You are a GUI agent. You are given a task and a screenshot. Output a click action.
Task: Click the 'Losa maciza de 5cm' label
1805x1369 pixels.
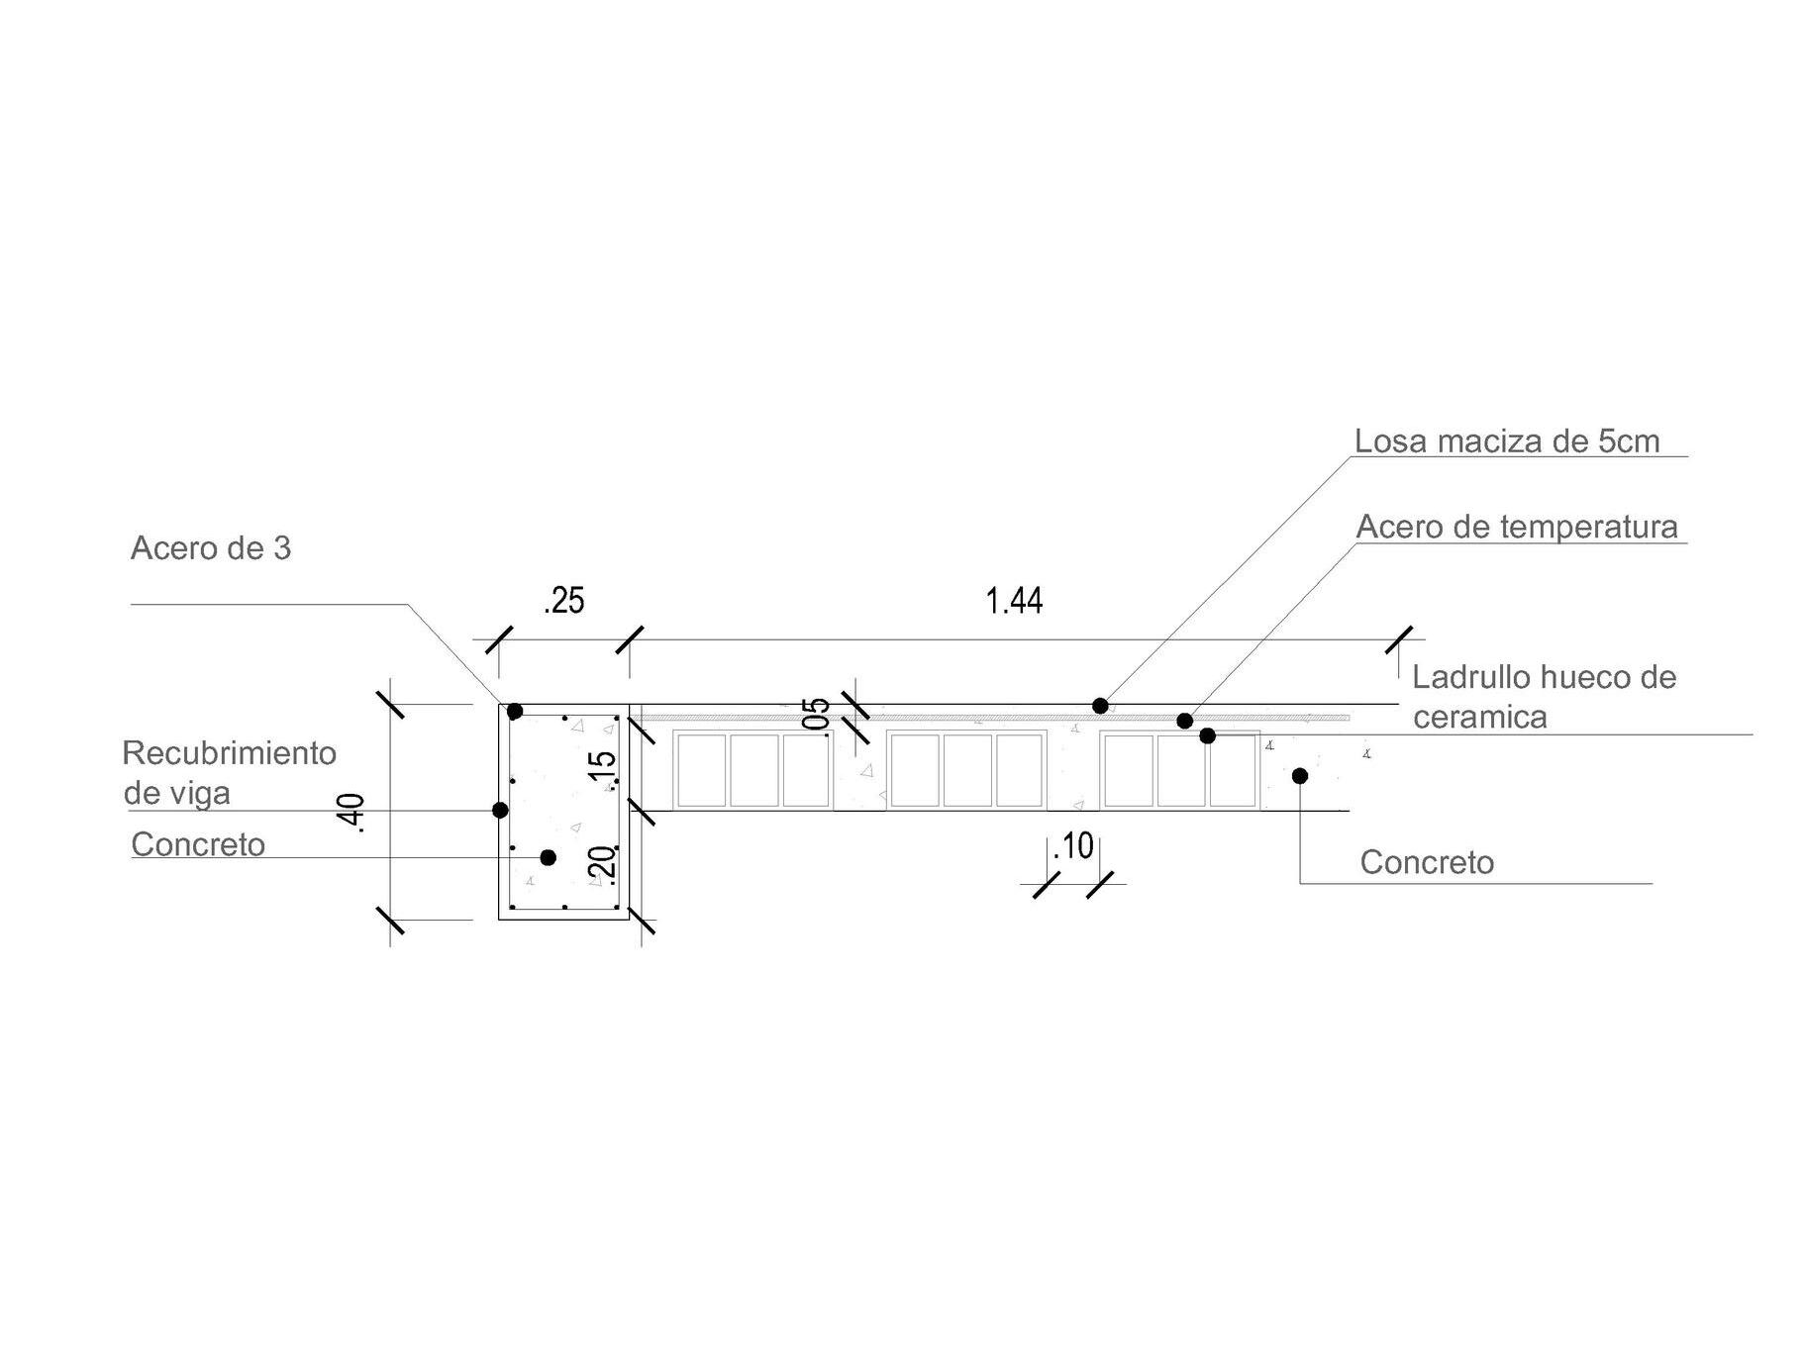(1506, 441)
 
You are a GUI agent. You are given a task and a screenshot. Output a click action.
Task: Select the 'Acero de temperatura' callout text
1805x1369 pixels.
(1516, 527)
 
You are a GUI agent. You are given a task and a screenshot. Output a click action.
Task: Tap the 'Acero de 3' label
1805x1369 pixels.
(211, 548)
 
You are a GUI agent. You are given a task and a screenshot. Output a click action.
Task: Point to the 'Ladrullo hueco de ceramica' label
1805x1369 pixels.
(1543, 697)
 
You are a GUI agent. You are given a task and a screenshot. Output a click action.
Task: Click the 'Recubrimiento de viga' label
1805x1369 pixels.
(229, 772)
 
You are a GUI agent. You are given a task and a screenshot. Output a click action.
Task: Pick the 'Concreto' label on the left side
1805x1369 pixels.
(198, 844)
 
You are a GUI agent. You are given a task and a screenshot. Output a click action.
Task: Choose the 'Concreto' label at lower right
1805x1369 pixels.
(1426, 862)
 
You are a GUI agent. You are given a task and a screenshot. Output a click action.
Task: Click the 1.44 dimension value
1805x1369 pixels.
(1014, 601)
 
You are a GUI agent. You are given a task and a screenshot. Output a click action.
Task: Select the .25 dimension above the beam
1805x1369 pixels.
(563, 601)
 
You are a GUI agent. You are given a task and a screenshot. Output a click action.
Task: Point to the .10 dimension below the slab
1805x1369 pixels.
(1073, 846)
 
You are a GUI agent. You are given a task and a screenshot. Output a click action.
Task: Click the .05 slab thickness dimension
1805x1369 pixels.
(817, 715)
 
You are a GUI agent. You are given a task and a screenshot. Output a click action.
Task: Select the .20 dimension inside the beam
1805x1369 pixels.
(602, 863)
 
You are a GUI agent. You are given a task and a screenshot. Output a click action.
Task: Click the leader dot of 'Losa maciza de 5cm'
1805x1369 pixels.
(1100, 706)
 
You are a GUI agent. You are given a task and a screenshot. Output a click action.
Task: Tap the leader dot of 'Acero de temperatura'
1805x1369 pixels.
(1184, 721)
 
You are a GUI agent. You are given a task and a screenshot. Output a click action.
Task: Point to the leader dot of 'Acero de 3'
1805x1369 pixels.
(515, 712)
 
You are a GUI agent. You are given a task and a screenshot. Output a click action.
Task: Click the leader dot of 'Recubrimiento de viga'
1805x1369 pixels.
(500, 811)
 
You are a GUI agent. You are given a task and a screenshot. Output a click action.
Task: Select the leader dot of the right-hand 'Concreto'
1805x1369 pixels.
(1300, 776)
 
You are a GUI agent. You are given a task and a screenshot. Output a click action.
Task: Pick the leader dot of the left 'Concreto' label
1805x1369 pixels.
(548, 857)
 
